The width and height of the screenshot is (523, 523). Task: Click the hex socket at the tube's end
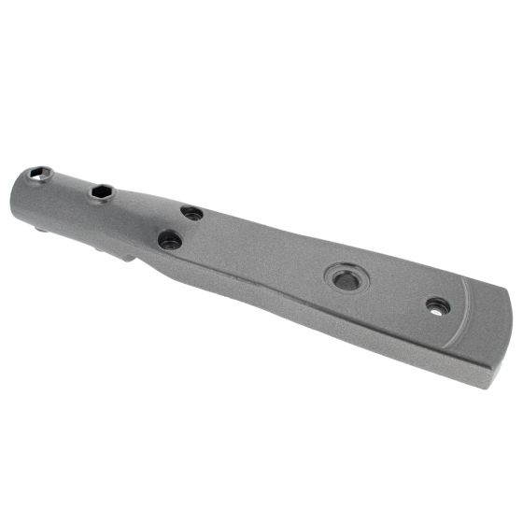click(39, 174)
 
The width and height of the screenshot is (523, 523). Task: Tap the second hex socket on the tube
click(102, 193)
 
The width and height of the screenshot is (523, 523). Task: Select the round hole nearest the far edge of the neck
click(192, 213)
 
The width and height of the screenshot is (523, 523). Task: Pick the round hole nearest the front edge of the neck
click(170, 240)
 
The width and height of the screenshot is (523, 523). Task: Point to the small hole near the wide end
click(437, 305)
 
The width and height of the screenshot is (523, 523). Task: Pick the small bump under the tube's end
click(43, 225)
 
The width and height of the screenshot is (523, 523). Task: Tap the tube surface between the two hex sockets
click(70, 186)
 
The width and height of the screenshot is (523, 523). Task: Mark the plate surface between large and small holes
click(392, 291)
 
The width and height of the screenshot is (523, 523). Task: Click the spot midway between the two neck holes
click(181, 227)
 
